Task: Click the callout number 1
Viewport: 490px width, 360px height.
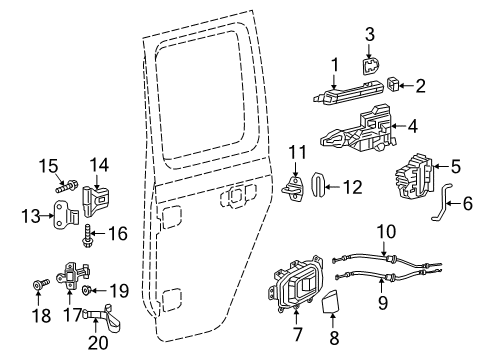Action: tap(335, 64)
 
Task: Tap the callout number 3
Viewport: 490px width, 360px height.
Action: tap(369, 35)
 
